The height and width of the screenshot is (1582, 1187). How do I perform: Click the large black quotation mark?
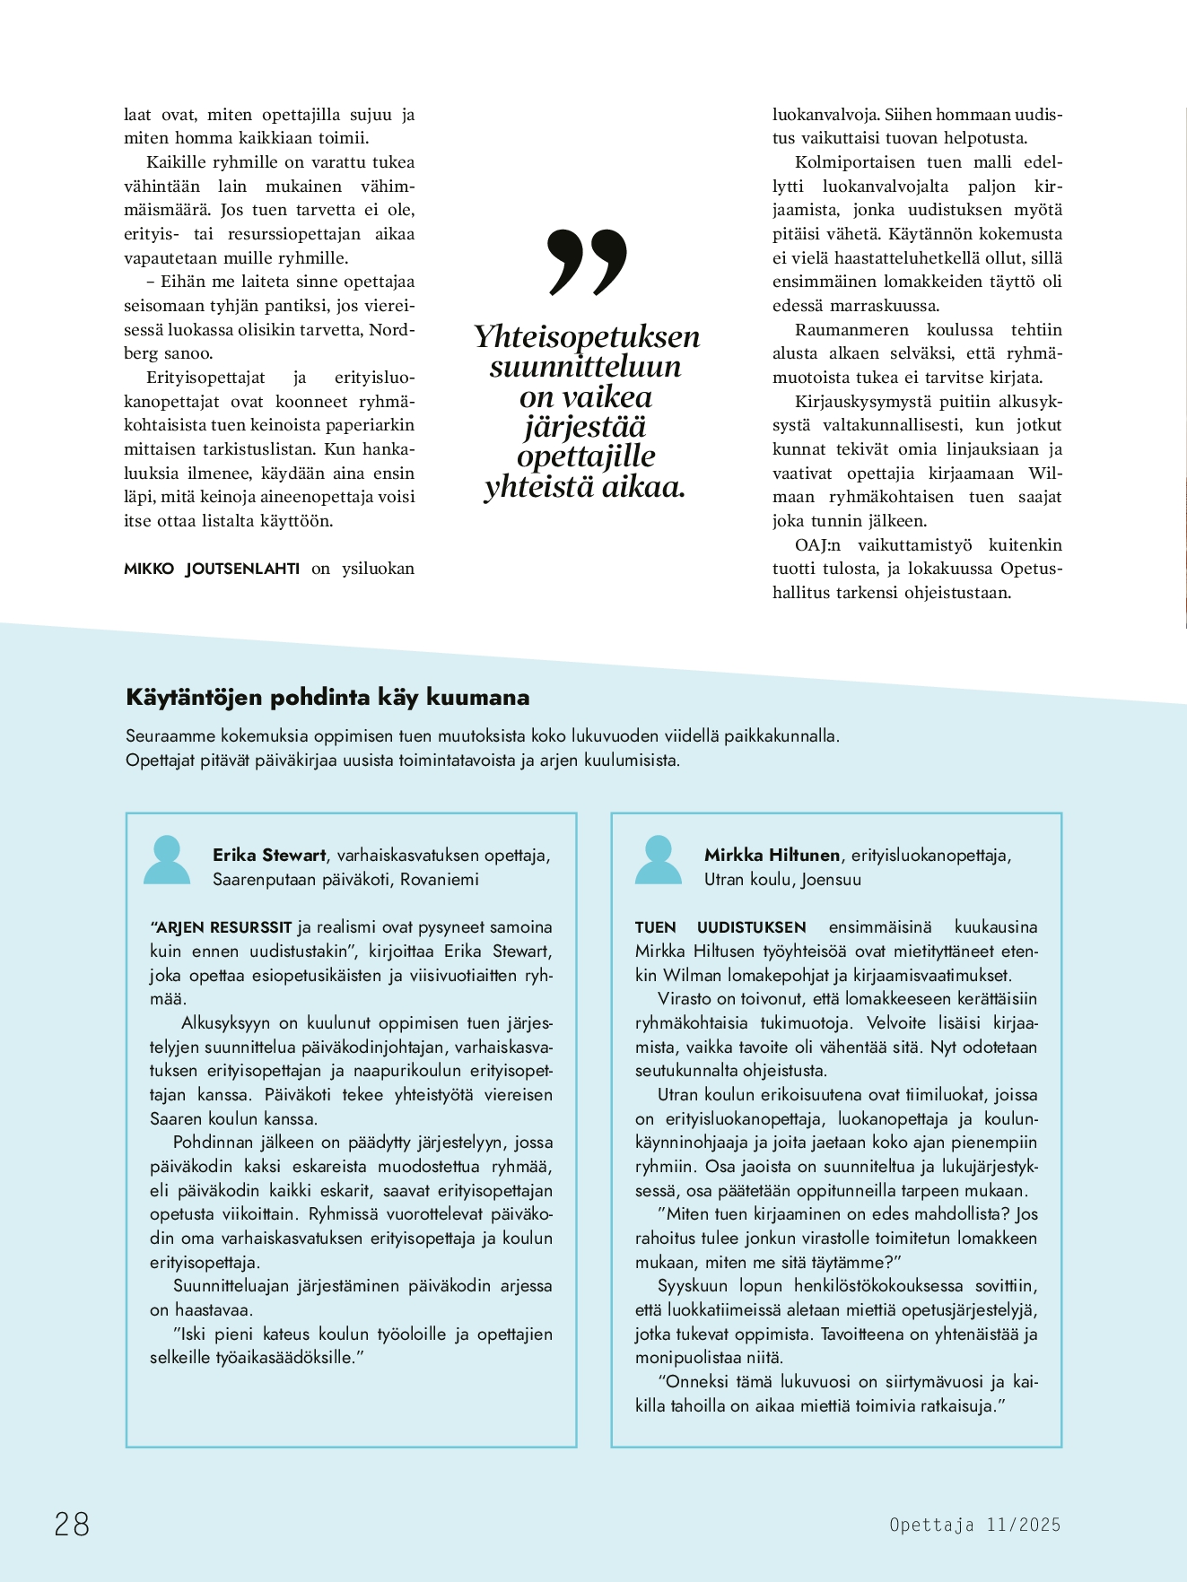tap(587, 262)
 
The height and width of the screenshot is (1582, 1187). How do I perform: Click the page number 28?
tap(72, 1524)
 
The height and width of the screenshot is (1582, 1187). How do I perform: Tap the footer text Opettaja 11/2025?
tap(974, 1525)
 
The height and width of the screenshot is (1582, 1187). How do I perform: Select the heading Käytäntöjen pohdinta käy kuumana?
tap(327, 697)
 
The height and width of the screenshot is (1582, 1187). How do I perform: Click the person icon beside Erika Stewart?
tap(167, 860)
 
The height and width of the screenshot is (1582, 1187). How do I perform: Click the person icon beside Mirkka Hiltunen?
tap(658, 860)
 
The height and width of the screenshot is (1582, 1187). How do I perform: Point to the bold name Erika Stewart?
tap(269, 855)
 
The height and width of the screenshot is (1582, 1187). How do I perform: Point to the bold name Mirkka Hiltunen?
tap(772, 855)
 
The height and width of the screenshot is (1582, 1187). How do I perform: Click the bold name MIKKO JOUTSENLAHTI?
tap(212, 569)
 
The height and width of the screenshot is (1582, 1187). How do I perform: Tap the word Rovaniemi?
tap(440, 879)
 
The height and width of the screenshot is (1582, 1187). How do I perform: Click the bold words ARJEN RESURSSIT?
tap(223, 927)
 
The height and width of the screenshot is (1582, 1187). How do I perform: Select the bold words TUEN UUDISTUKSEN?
tap(720, 927)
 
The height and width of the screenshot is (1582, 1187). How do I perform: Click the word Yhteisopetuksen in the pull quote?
tap(587, 336)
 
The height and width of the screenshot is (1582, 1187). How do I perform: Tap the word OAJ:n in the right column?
tap(817, 544)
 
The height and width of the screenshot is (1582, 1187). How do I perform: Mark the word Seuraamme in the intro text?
tap(170, 736)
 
